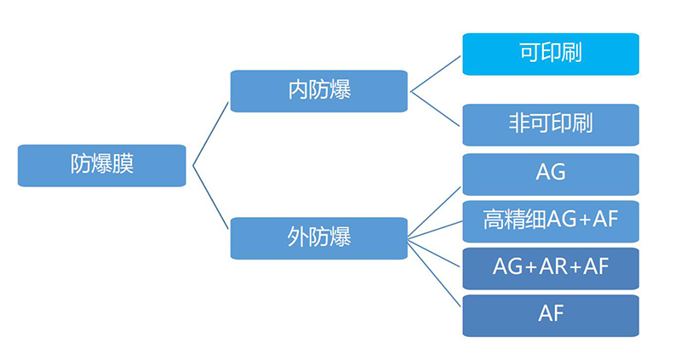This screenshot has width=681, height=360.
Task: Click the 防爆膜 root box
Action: (102, 165)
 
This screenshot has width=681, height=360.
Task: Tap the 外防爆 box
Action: (319, 237)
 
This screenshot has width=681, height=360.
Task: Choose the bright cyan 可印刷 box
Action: (550, 54)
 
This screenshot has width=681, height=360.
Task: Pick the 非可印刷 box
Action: (550, 124)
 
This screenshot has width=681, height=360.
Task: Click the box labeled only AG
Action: (550, 174)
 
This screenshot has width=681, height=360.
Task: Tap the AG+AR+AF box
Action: (550, 267)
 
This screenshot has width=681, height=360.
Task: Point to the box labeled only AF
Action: (550, 314)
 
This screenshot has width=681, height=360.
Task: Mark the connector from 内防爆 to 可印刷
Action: (437, 72)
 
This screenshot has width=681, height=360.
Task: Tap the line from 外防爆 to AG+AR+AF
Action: (435, 250)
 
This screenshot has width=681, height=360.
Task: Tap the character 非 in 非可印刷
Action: (518, 124)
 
